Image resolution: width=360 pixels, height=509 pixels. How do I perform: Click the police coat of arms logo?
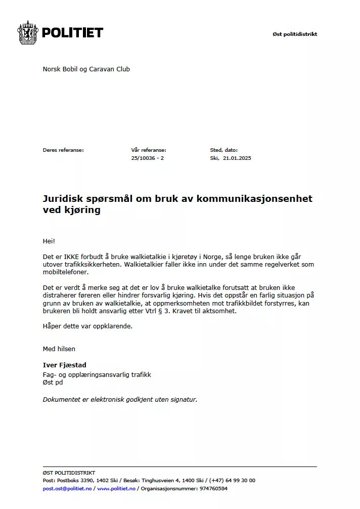[28, 33]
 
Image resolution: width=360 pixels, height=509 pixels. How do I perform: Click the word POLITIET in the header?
[72, 33]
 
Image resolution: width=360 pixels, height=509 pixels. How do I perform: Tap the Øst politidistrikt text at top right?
[295, 34]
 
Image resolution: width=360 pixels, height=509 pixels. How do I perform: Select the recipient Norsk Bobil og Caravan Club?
[86, 69]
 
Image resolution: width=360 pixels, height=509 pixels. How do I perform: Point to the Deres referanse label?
[63, 150]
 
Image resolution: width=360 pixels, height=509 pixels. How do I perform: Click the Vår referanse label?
[148, 150]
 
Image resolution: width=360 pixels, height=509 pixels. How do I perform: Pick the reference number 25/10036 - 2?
[147, 158]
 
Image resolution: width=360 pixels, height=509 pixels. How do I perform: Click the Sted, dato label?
[223, 150]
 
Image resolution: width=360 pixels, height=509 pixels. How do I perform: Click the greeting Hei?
[49, 241]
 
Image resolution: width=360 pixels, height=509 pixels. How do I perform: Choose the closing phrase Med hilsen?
[59, 349]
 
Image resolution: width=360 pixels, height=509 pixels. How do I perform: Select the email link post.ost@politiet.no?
[67, 488]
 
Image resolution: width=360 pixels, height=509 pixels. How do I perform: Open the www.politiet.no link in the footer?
[116, 488]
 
